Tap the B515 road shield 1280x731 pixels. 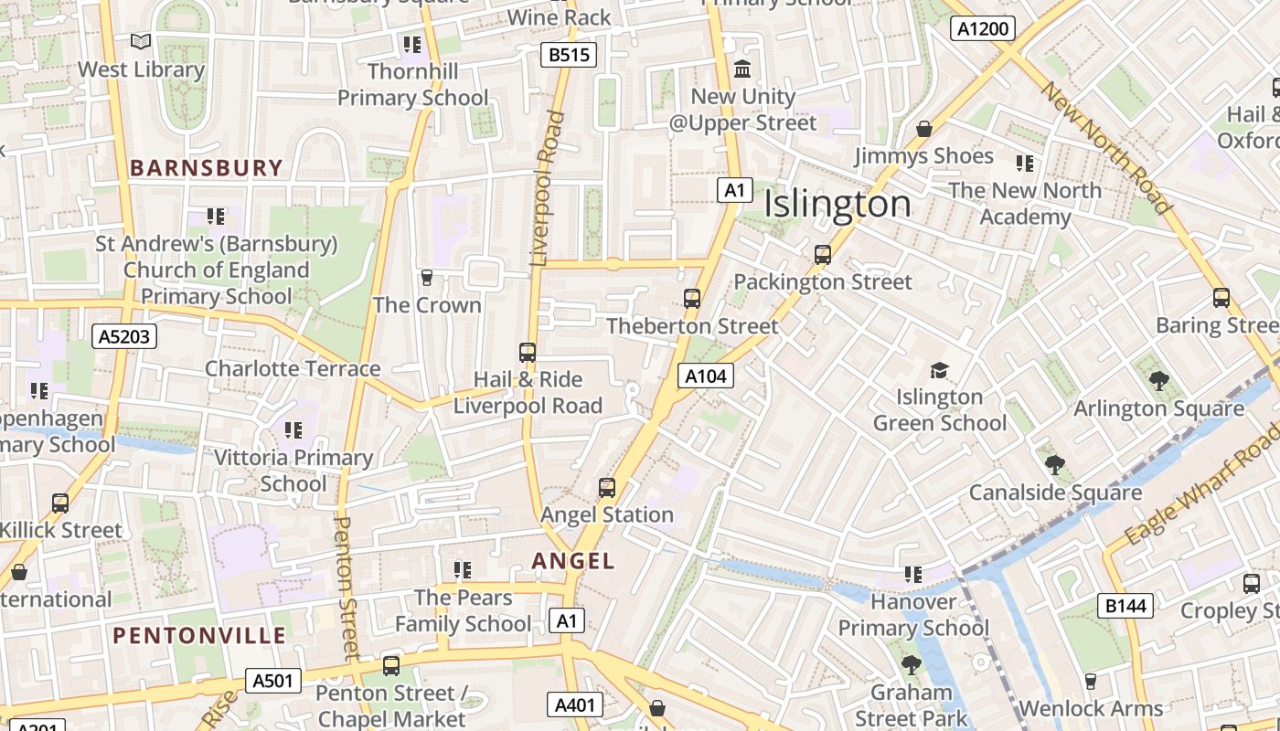coord(568,55)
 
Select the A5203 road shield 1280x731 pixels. coord(124,336)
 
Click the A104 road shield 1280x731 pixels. coord(705,375)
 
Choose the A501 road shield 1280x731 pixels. coord(272,680)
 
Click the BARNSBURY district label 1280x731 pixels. coord(207,168)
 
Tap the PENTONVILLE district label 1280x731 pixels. coord(199,636)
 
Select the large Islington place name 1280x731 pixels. coord(837,204)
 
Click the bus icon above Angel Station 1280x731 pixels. coord(607,487)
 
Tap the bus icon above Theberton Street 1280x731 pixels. coord(692,298)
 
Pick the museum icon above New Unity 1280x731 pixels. coord(742,69)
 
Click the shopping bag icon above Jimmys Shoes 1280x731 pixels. coord(924,129)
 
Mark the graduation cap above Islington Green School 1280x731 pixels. coord(939,370)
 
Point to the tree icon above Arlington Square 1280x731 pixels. coord(1158,381)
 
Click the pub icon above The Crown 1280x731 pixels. coord(426,277)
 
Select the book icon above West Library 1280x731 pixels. coord(140,41)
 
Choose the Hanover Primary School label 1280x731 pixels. coord(913,615)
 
